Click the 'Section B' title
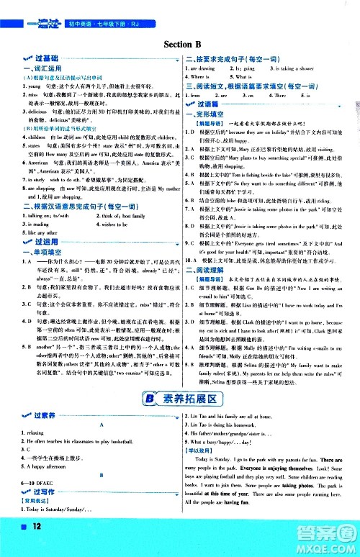pos(180,42)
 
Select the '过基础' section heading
pos(36,58)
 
